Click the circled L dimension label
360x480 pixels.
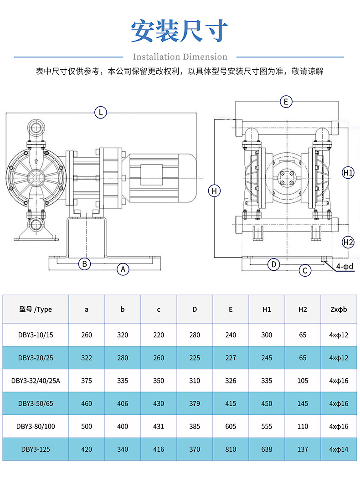[101, 112]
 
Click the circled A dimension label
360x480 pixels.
[123, 269]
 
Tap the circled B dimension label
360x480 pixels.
[84, 263]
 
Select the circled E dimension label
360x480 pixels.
[286, 102]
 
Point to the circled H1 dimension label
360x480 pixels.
[348, 173]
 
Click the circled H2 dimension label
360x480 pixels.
[348, 242]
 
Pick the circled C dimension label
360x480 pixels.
[305, 270]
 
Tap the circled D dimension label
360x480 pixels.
[273, 264]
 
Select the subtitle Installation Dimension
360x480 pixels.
[180, 57]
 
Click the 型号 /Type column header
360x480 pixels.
[36, 310]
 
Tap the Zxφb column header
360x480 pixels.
[339, 310]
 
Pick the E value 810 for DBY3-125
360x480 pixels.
[231, 449]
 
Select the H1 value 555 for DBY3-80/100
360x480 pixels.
[267, 426]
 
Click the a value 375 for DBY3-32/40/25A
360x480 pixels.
[87, 381]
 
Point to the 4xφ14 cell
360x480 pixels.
[339, 449]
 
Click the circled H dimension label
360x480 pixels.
[215, 191]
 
